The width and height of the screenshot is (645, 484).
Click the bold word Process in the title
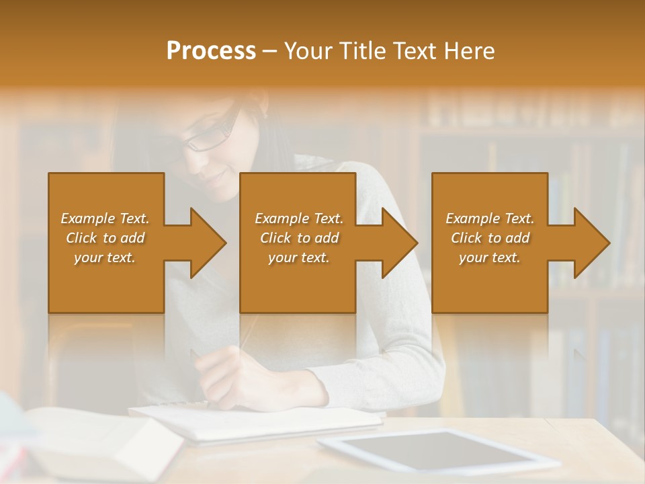(211, 51)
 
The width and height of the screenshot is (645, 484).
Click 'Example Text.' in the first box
(105, 218)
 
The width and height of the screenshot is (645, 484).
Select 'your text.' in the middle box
(298, 257)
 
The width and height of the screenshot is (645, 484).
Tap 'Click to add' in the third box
(490, 238)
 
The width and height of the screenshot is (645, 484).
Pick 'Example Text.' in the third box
(490, 218)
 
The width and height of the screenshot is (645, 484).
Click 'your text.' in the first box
(105, 257)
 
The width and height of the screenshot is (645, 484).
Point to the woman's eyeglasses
(210, 133)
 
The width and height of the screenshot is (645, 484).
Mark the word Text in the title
(413, 51)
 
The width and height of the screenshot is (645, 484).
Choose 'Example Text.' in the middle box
(298, 218)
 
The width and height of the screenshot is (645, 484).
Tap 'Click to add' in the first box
(105, 238)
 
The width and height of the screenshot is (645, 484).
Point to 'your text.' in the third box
(490, 257)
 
